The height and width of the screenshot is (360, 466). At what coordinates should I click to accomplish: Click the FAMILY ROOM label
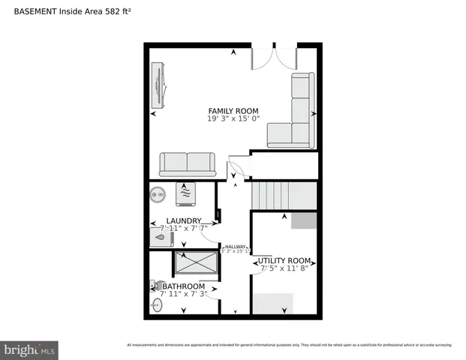(x=233, y=111)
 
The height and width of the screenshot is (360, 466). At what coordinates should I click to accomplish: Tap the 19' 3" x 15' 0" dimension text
(x=233, y=119)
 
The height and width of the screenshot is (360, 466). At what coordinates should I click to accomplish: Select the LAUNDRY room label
(x=183, y=220)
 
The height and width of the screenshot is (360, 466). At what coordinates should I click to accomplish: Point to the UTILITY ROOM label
(x=284, y=261)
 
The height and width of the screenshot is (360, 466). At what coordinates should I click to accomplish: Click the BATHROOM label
(x=184, y=286)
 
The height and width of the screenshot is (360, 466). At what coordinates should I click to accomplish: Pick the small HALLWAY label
(x=234, y=246)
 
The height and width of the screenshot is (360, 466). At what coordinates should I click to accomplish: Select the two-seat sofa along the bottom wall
(x=187, y=163)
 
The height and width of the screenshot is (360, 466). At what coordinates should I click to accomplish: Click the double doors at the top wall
(x=275, y=58)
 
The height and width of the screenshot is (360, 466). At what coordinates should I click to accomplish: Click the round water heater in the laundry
(x=158, y=194)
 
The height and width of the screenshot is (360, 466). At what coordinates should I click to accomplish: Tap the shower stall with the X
(x=197, y=264)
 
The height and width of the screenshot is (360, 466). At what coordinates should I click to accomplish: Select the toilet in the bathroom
(x=157, y=285)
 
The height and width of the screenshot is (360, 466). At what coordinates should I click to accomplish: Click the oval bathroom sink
(x=158, y=305)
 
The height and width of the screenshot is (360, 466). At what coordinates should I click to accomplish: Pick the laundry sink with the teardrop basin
(x=160, y=238)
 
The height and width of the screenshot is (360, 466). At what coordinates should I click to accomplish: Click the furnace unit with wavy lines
(x=186, y=193)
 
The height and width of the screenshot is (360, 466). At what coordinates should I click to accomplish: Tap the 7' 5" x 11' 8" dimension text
(x=284, y=269)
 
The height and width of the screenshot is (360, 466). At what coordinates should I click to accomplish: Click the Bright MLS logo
(x=30, y=349)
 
